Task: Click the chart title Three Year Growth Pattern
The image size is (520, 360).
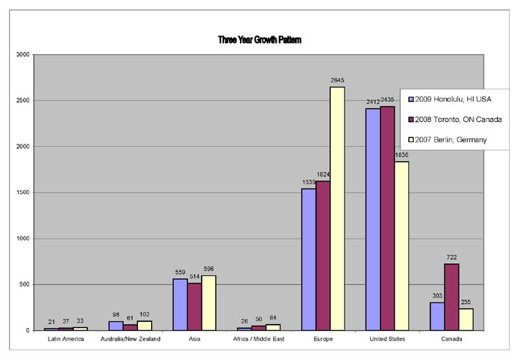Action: coord(259,40)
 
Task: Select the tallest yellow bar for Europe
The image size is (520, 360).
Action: coord(338,208)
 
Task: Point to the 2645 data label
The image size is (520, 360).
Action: coord(338,81)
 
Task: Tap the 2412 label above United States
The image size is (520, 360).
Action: coord(372,103)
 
